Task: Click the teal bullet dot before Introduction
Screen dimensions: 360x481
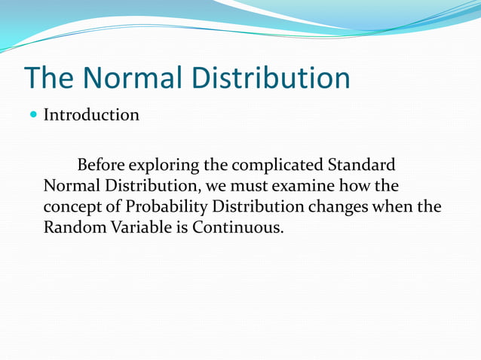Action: (32, 115)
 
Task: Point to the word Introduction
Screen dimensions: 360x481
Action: (90, 115)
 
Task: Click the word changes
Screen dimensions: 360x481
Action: (341, 206)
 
